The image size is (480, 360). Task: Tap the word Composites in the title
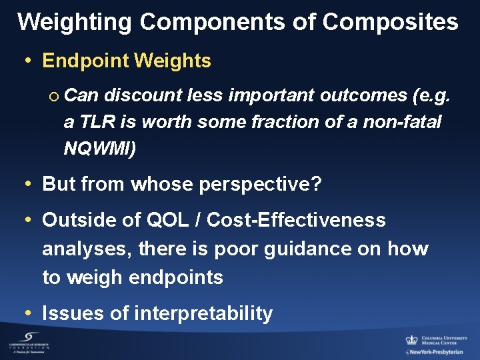[390, 22]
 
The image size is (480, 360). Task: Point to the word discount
[141, 95]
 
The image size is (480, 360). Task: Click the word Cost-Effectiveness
[296, 220]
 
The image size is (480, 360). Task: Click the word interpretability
[203, 313]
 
